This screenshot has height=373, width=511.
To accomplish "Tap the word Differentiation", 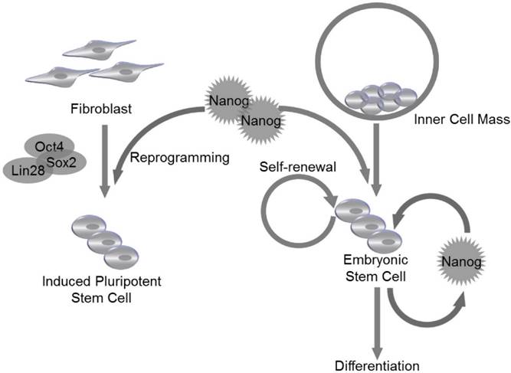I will click(x=379, y=363).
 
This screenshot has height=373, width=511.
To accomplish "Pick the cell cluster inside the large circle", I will click(x=380, y=99).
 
